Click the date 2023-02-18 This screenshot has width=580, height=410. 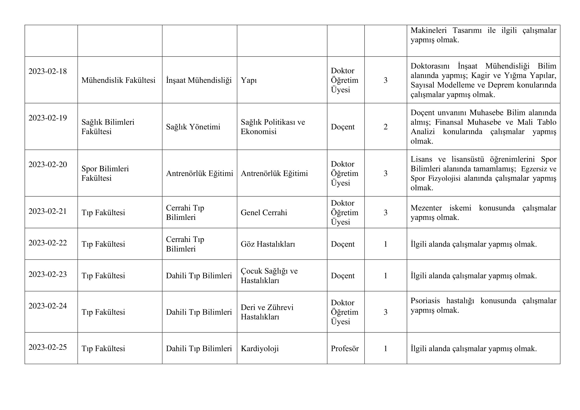pos(48,71)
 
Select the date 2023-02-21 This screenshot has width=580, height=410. pos(48,211)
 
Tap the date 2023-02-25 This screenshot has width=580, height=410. pos(48,347)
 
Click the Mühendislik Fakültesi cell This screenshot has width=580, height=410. pos(118,80)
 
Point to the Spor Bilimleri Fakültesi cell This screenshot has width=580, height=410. pos(105,174)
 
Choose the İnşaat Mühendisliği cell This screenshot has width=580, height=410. pos(199,80)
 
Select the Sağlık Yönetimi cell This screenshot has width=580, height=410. pos(193,127)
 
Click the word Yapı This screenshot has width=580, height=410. pos(248,80)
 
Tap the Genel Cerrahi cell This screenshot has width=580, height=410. pos(264,213)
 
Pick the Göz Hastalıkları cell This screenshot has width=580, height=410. pos(268,244)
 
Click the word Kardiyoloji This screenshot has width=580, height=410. pos(260,349)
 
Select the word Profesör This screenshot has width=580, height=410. pos(345,349)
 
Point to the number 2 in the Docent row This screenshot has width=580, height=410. pos(386,127)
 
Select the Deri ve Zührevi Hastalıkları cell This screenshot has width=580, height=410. pos(267,312)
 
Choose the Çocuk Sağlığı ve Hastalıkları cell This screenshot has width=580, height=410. pos(269,276)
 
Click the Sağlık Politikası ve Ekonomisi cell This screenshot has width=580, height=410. pos(273,127)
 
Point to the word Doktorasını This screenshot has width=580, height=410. pos(430,66)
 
